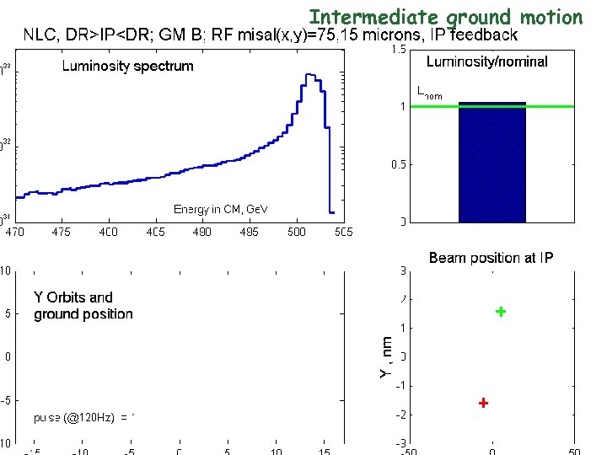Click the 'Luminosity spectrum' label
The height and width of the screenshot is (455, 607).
click(x=127, y=66)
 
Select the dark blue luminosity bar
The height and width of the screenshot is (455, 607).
click(x=492, y=163)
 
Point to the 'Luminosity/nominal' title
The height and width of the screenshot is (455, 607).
click(x=486, y=62)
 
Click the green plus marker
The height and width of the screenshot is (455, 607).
click(x=500, y=312)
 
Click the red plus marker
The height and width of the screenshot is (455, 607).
click(x=483, y=403)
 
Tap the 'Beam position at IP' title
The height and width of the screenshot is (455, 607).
click(x=491, y=257)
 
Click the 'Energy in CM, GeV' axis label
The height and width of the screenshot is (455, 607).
click(x=220, y=208)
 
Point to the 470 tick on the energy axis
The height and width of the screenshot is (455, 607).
click(x=15, y=231)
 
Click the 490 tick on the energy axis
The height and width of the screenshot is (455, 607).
click(x=202, y=231)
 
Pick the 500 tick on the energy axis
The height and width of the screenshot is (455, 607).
click(x=296, y=231)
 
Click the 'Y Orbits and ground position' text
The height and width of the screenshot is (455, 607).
click(x=83, y=305)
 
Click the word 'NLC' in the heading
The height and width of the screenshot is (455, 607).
click(x=40, y=35)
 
